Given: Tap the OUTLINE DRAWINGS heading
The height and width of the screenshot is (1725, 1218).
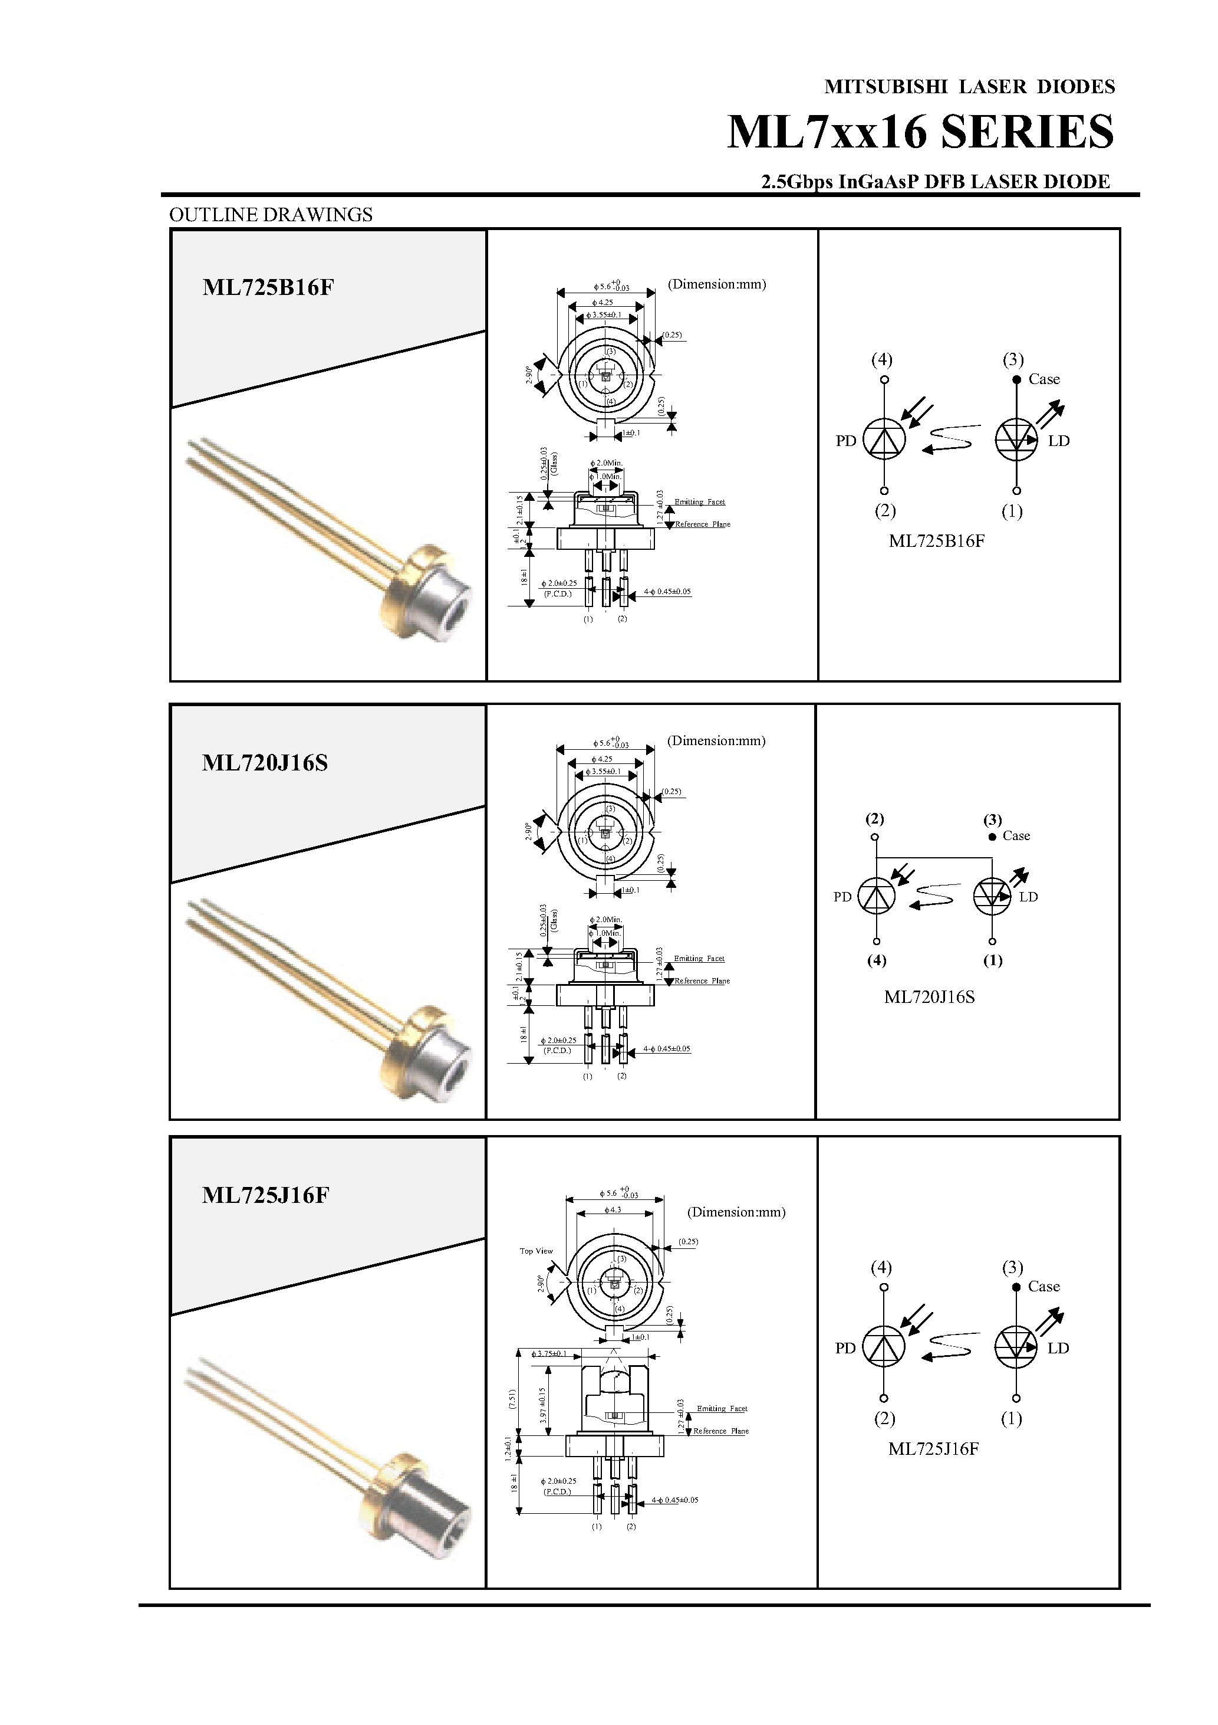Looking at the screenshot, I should pyautogui.click(x=271, y=215).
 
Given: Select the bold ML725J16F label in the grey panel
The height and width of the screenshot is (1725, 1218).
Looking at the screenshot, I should pyautogui.click(x=265, y=1195).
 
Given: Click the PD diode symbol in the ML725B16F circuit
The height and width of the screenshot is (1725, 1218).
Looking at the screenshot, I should pyautogui.click(x=884, y=440).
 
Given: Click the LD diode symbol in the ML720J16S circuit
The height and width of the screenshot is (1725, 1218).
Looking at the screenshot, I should pyautogui.click(x=992, y=896).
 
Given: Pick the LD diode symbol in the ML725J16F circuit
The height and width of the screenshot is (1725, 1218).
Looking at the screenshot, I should pyautogui.click(x=1015, y=1346).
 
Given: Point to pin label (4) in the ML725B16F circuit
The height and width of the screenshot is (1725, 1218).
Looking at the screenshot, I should pyautogui.click(x=881, y=359).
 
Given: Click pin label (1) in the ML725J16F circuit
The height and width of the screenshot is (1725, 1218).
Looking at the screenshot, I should pyautogui.click(x=1012, y=1418).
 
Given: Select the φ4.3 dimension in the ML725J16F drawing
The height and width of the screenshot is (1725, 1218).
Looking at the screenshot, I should pyautogui.click(x=612, y=1211).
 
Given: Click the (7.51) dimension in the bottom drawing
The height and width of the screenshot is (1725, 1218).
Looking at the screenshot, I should pyautogui.click(x=513, y=1398).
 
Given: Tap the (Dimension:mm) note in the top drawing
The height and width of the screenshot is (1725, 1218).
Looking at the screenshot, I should pyautogui.click(x=716, y=284).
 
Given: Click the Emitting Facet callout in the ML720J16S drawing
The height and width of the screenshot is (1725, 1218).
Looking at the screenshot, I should pyautogui.click(x=699, y=959).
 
